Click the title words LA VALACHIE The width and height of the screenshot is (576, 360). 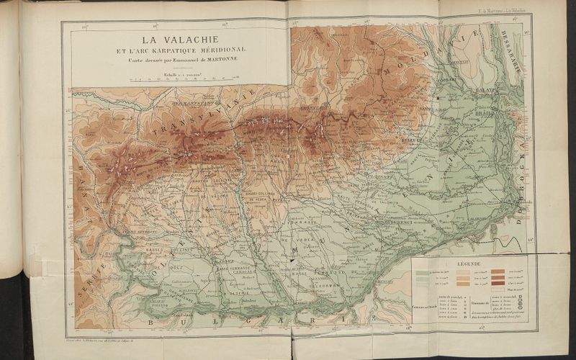pyautogui.click(x=181, y=39)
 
